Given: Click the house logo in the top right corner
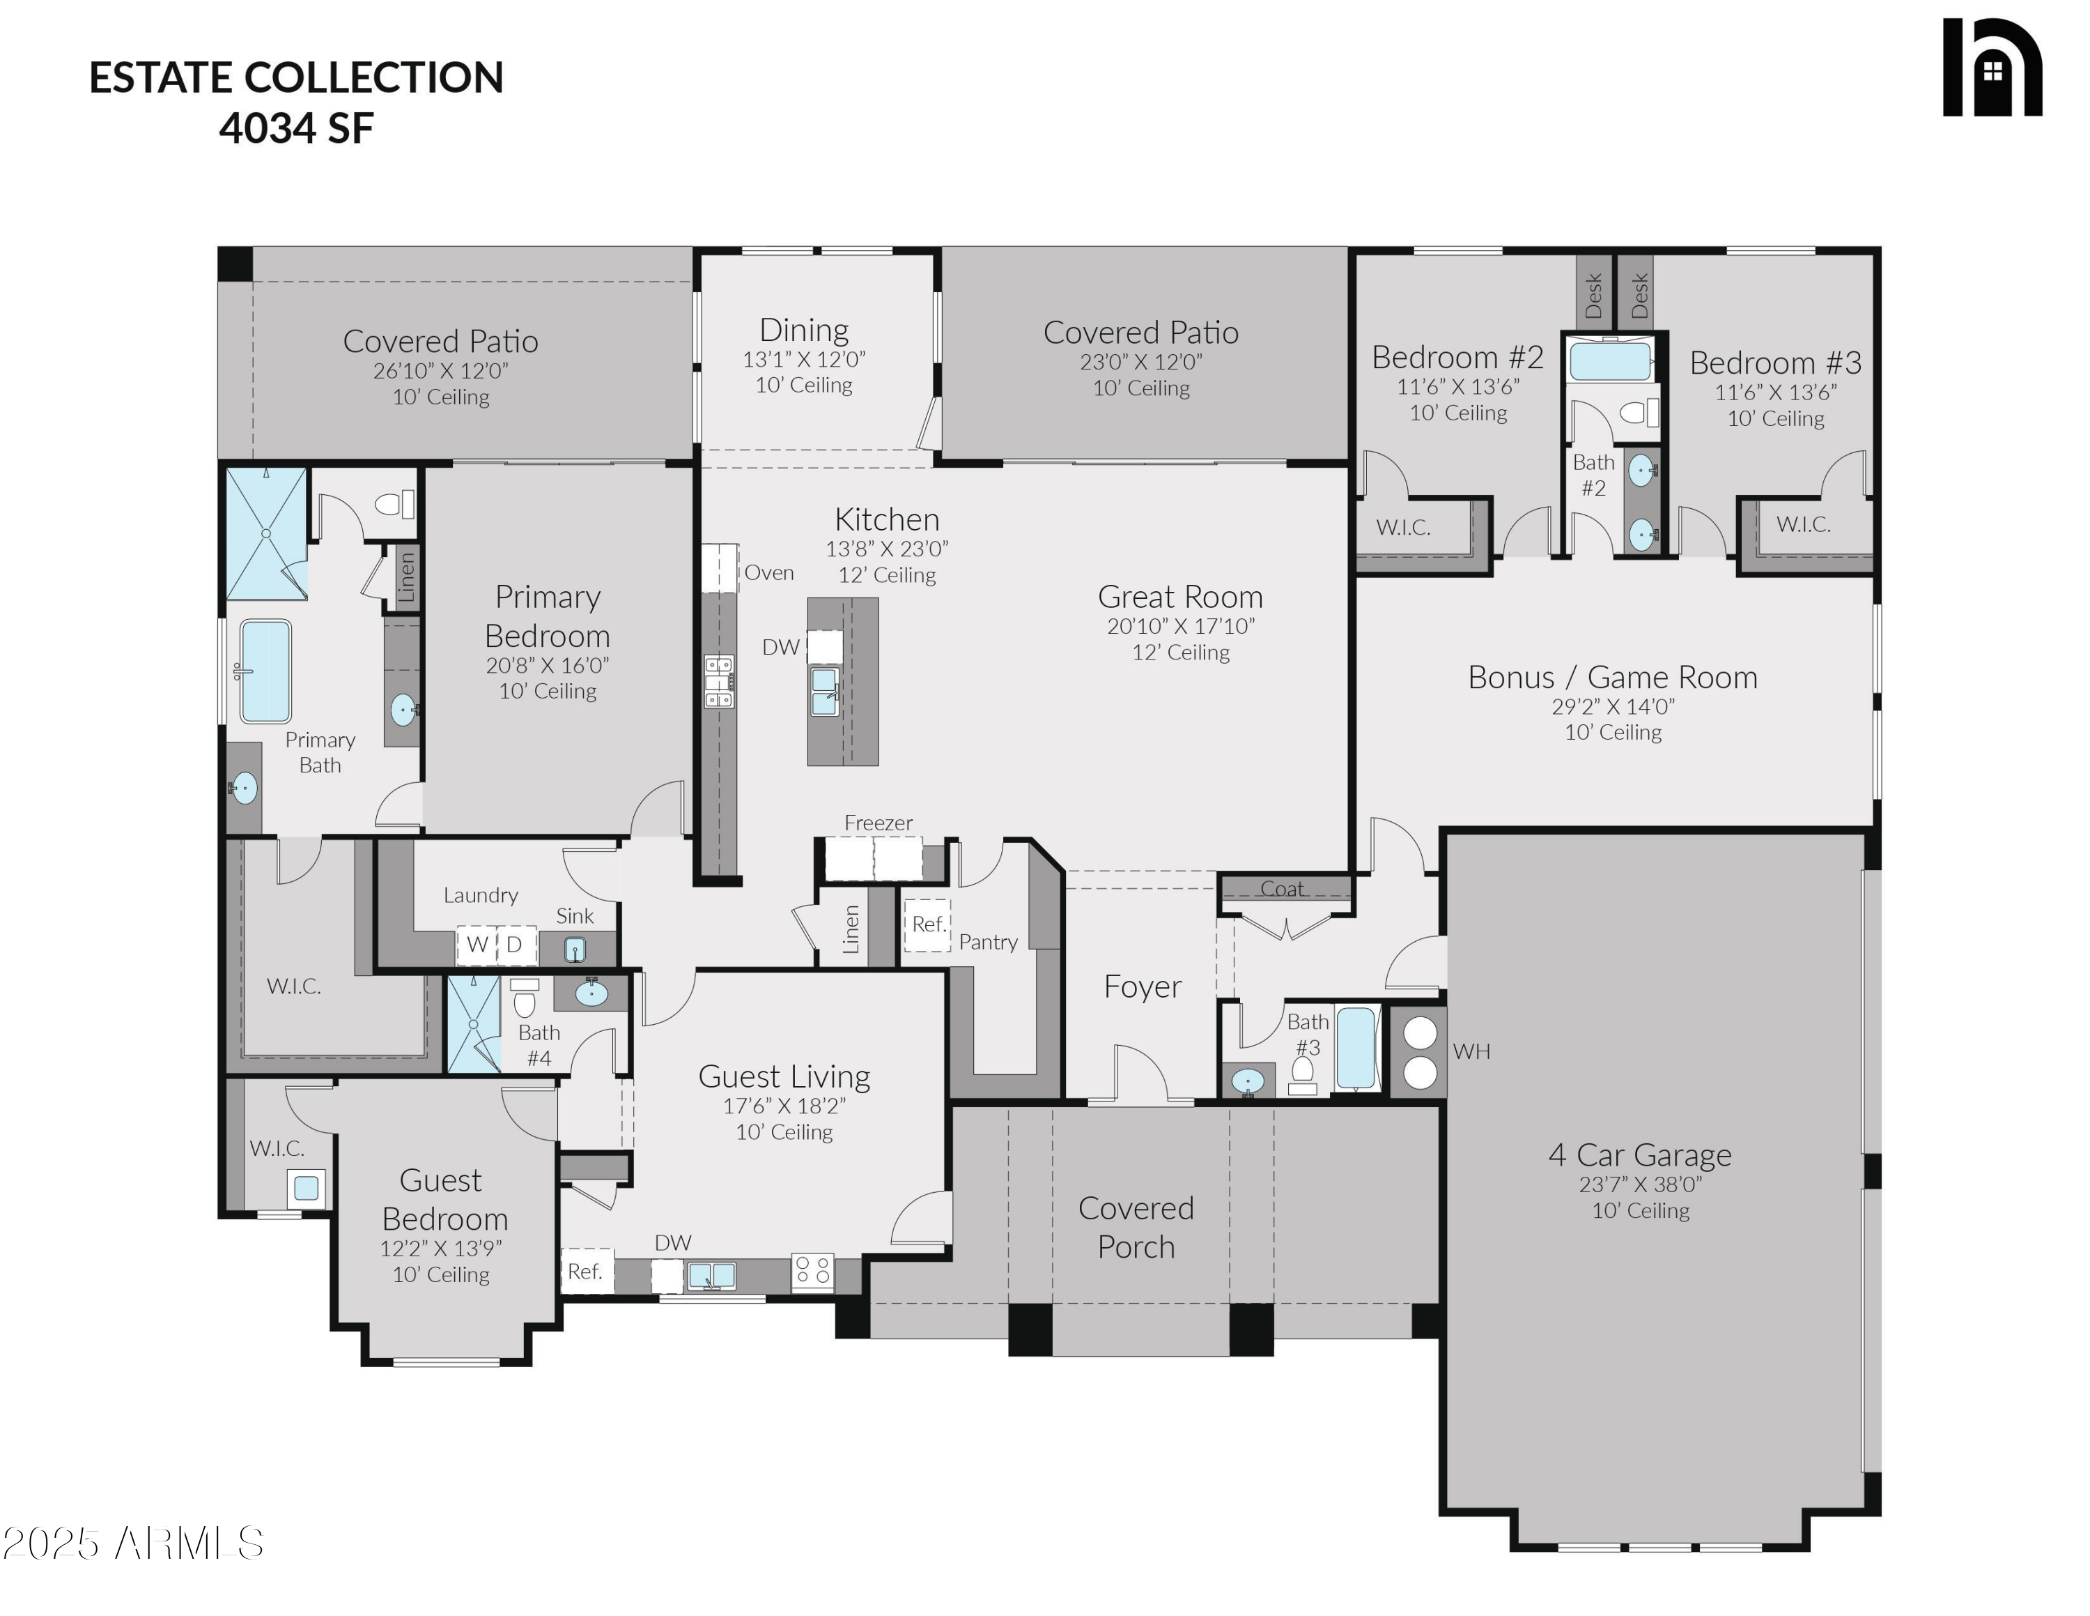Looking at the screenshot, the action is [x=1992, y=67].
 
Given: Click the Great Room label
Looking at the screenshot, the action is [x=1180, y=597].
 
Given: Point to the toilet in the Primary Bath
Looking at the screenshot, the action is [x=394, y=503].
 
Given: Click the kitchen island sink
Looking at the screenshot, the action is [x=824, y=690].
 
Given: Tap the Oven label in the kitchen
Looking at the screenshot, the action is [x=768, y=572].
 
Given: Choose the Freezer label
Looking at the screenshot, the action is [x=878, y=823].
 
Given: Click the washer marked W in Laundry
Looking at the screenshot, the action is [x=477, y=944].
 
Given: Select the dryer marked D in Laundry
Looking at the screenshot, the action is [x=515, y=944].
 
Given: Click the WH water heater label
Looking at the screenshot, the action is [x=1471, y=1051].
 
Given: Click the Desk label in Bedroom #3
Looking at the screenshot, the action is [x=1639, y=296].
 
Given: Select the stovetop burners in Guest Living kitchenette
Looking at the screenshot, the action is [x=812, y=1272].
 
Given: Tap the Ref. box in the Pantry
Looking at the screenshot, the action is [x=927, y=925].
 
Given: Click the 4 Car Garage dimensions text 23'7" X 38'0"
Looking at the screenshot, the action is [x=1640, y=1184].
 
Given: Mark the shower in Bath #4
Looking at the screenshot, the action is [x=474, y=1023].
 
